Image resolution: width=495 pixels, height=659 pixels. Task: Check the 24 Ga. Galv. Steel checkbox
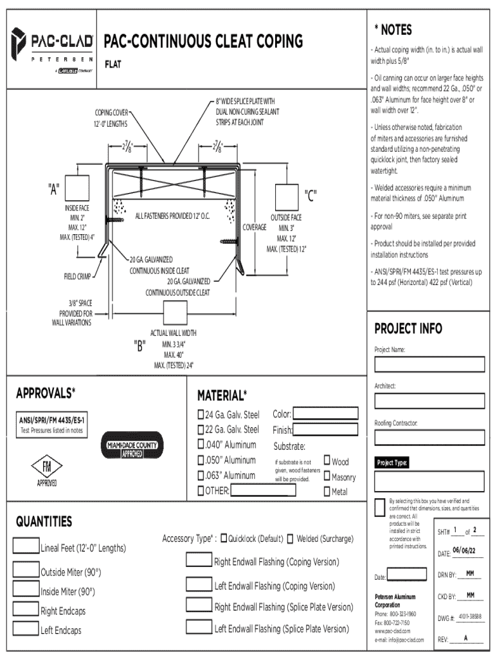(201, 414)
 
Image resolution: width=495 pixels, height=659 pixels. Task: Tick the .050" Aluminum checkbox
(201, 460)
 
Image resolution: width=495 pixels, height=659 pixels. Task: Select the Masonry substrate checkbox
(327, 476)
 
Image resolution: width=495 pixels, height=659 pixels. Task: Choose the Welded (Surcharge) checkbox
(291, 539)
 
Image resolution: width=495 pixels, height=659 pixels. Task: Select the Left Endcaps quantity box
(26, 629)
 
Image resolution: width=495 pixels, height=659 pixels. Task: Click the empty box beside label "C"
(288, 196)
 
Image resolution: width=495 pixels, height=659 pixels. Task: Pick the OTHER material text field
(264, 492)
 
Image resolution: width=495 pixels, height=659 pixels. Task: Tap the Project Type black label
(393, 463)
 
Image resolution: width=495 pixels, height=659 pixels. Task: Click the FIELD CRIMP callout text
(77, 277)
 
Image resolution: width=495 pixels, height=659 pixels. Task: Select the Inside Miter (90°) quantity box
(26, 590)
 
